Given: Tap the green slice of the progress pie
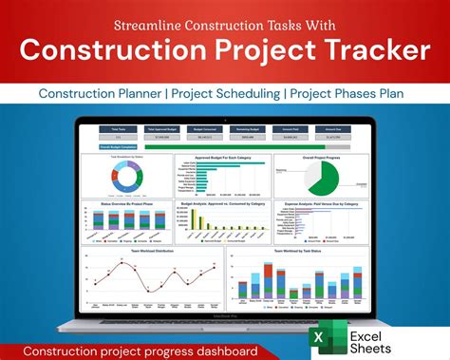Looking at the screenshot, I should coord(326,179).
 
